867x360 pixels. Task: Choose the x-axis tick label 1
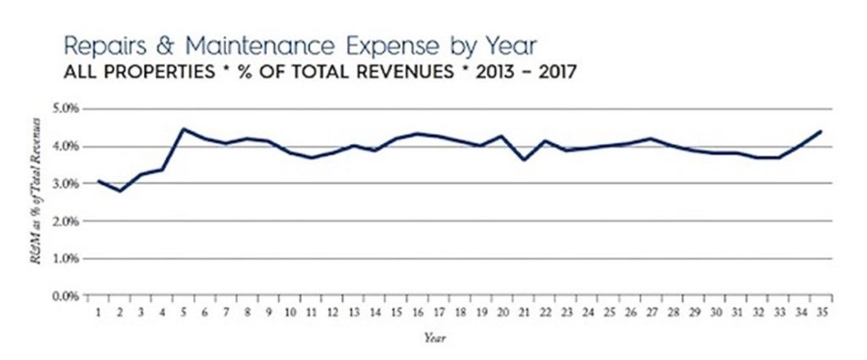point(98,312)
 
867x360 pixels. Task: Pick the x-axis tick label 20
point(502,312)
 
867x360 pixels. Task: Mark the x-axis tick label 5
point(183,312)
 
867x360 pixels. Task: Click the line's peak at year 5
point(183,130)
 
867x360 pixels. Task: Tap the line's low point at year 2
point(120,191)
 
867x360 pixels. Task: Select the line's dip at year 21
point(524,159)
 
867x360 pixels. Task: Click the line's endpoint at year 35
point(820,131)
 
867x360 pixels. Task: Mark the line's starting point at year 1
point(98,180)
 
